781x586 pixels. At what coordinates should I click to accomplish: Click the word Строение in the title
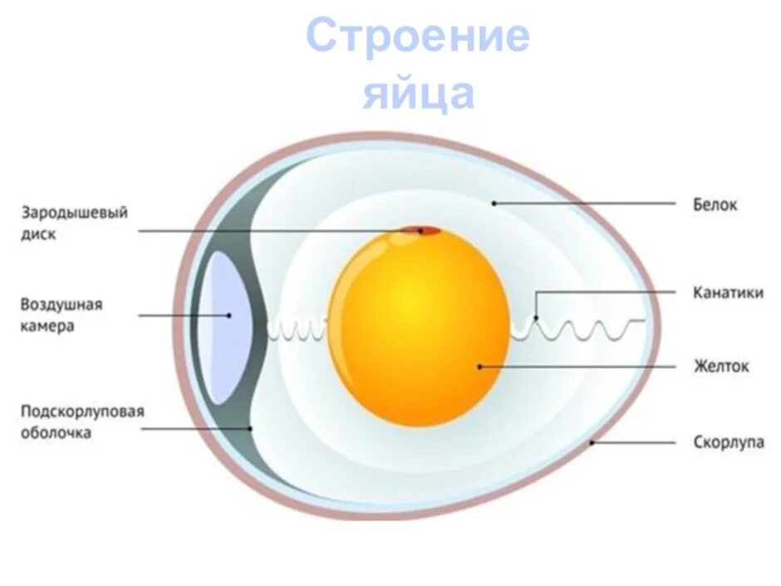[x=418, y=37]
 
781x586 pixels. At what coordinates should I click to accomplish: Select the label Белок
[x=715, y=204]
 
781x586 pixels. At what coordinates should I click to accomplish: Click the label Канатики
[x=728, y=293]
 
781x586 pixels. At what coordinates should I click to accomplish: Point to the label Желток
[x=721, y=366]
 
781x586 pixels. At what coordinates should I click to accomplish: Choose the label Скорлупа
[x=728, y=443]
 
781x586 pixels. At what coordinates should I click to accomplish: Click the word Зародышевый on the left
[x=74, y=214]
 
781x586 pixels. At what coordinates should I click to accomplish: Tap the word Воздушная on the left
[x=61, y=304]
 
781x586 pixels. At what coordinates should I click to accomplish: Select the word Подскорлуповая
[x=83, y=411]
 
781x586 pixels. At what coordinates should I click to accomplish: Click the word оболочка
[x=56, y=433]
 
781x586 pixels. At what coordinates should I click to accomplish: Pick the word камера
[x=47, y=326]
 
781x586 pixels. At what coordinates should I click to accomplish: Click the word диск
[x=38, y=234]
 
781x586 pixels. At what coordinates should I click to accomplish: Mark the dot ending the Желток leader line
[x=479, y=366]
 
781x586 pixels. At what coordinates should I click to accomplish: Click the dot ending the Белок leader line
[x=494, y=203]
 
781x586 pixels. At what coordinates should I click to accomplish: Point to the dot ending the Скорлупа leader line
[x=592, y=443]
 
